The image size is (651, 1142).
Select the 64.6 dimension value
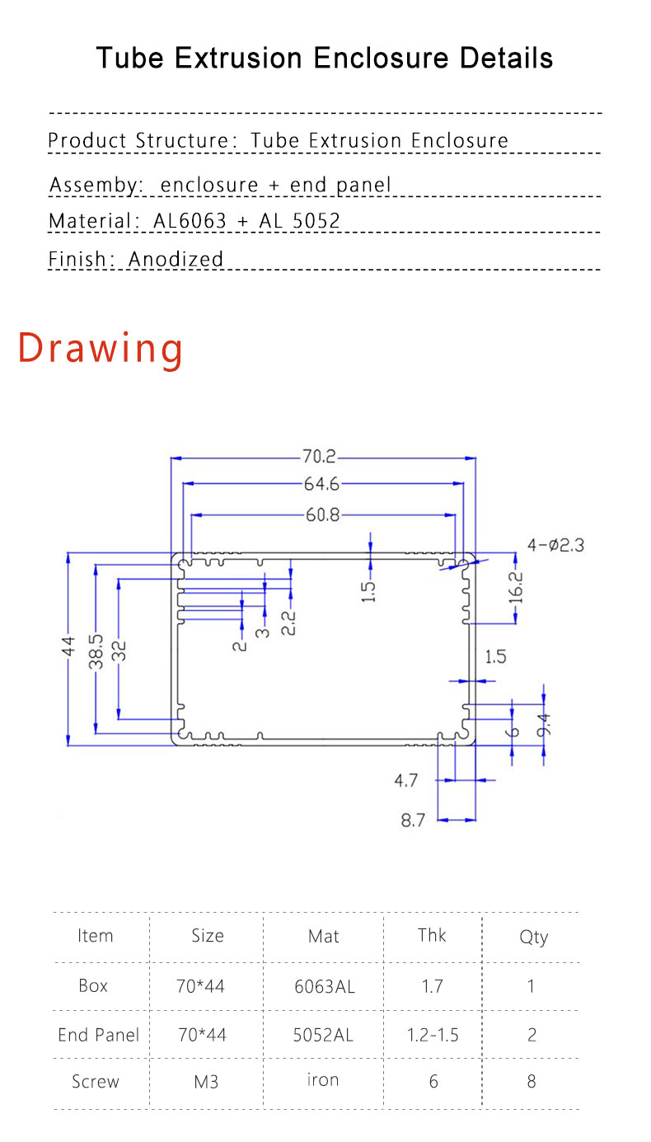click(322, 485)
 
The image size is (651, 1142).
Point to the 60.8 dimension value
click(322, 515)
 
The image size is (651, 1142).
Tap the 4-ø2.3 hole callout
click(555, 545)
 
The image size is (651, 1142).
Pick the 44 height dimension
click(68, 646)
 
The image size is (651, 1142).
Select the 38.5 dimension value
click(96, 650)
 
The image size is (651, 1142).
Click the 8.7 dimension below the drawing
click(414, 820)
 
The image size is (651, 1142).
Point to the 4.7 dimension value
click(406, 780)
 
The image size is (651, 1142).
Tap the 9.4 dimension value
click(543, 725)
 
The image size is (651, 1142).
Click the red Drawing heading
click(101, 348)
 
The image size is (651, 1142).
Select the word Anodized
click(176, 259)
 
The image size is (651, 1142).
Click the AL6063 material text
click(190, 221)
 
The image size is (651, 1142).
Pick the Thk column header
click(432, 935)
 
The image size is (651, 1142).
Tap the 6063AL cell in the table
click(325, 986)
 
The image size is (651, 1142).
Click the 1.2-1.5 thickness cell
click(433, 1035)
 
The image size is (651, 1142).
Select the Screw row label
click(96, 1082)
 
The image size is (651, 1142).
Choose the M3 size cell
click(206, 1082)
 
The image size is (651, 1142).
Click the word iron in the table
click(323, 1080)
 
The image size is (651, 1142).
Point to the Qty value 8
click(532, 1082)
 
